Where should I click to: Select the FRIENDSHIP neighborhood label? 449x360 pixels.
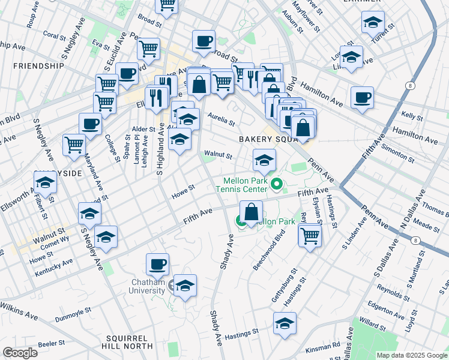(x=38, y=65)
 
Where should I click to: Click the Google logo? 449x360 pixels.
(x=20, y=352)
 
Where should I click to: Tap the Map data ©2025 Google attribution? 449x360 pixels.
(x=411, y=355)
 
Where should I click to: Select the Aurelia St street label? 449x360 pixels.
(x=221, y=119)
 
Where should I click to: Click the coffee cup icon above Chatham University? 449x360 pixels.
(x=158, y=263)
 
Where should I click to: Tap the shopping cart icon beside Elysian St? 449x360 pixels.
(x=310, y=235)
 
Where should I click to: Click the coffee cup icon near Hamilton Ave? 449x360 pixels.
(x=362, y=97)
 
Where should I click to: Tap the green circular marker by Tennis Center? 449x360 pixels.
(x=277, y=184)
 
